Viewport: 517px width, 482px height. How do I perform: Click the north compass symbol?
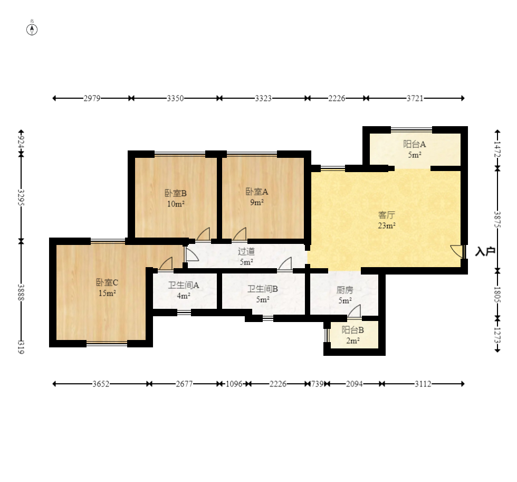pyautogui.click(x=32, y=30)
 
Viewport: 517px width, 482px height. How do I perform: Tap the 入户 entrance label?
pyautogui.click(x=485, y=252)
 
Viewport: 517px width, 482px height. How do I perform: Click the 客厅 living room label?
pyautogui.click(x=386, y=215)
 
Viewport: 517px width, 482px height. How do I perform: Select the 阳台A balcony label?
pyautogui.click(x=415, y=144)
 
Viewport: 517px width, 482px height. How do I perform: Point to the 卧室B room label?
pyautogui.click(x=176, y=193)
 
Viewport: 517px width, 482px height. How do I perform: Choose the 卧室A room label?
pyautogui.click(x=257, y=191)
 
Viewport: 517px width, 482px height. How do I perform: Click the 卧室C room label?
pyautogui.click(x=107, y=282)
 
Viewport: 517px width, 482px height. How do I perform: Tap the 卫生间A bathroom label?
pyautogui.click(x=184, y=285)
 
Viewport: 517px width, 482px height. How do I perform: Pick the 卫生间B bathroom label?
pyautogui.click(x=263, y=289)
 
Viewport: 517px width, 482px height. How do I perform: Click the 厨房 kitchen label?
pyautogui.click(x=345, y=290)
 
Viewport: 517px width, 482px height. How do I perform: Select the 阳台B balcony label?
pyautogui.click(x=353, y=330)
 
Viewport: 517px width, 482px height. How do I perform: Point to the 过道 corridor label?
pyautogui.click(x=246, y=251)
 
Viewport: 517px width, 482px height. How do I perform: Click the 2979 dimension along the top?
pyautogui.click(x=92, y=98)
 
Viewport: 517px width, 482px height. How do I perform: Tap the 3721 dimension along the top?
pyautogui.click(x=415, y=98)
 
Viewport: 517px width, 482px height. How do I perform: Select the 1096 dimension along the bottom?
pyautogui.click(x=234, y=384)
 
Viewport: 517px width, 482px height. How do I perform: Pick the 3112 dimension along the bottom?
pyautogui.click(x=423, y=384)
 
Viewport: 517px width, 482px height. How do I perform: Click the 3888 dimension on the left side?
pyautogui.click(x=21, y=292)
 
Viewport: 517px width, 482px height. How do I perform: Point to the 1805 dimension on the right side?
pyautogui.click(x=497, y=295)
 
